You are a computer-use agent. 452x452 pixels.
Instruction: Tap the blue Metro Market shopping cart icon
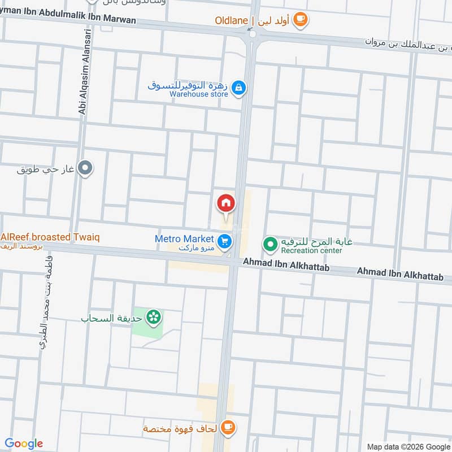225,242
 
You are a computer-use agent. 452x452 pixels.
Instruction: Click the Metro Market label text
184,239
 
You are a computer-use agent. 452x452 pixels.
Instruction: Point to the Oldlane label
231,21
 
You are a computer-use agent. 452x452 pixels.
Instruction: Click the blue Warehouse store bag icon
239,88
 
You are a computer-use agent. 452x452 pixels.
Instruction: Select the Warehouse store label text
199,94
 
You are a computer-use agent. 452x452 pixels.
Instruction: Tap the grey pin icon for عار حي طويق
85,168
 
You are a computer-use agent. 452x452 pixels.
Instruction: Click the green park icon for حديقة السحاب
153,318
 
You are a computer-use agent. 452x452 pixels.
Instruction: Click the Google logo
24,444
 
